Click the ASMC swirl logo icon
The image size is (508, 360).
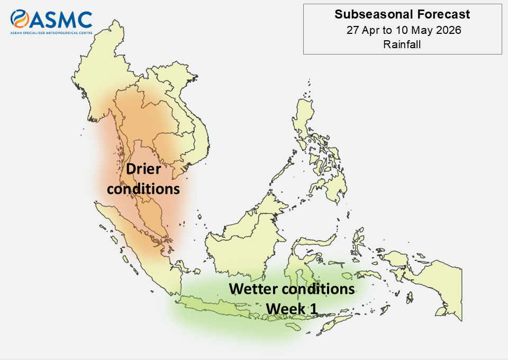pyautogui.click(x=20, y=19)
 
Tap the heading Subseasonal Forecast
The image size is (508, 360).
pyautogui.click(x=402, y=14)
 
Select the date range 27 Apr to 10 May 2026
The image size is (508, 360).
pyautogui.click(x=404, y=30)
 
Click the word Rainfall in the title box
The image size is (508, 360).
pyautogui.click(x=402, y=44)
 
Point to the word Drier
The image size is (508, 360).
pyautogui.click(x=143, y=169)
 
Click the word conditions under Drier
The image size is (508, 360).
pyautogui.click(x=143, y=189)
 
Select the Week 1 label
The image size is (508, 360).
pyautogui.click(x=292, y=309)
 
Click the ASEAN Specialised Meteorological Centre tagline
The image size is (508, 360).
pyautogui.click(x=51, y=33)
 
